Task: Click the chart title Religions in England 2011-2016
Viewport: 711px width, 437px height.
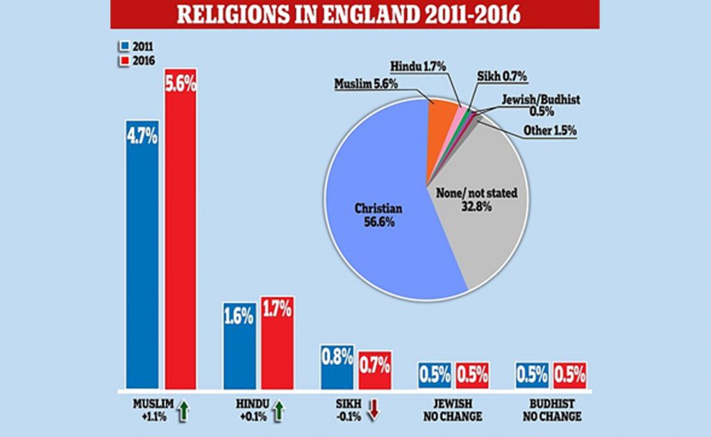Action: tap(349, 14)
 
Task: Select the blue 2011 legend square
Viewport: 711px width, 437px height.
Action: tap(124, 46)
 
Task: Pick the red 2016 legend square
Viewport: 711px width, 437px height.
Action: tap(124, 60)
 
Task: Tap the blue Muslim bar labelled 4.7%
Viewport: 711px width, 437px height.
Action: tap(142, 255)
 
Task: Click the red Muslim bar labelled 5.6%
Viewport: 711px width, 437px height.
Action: tap(181, 229)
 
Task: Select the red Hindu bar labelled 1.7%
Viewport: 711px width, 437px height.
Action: tap(277, 343)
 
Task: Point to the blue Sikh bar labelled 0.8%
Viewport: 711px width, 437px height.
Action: tap(337, 367)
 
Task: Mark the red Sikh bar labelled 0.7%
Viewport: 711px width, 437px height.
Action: tap(374, 370)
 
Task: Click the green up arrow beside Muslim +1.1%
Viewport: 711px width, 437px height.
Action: tap(183, 410)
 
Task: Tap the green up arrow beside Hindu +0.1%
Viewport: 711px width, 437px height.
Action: tap(278, 410)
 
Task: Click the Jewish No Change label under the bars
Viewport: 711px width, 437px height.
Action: tap(453, 410)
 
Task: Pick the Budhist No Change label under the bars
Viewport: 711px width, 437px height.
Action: tap(552, 410)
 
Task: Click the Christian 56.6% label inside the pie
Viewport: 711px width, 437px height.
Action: tap(378, 215)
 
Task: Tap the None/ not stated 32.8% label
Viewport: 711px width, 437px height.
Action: tap(476, 199)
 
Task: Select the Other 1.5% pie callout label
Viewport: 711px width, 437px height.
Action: tap(550, 130)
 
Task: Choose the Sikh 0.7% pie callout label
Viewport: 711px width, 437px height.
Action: tap(502, 76)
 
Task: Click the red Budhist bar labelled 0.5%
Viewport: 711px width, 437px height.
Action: tap(569, 375)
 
